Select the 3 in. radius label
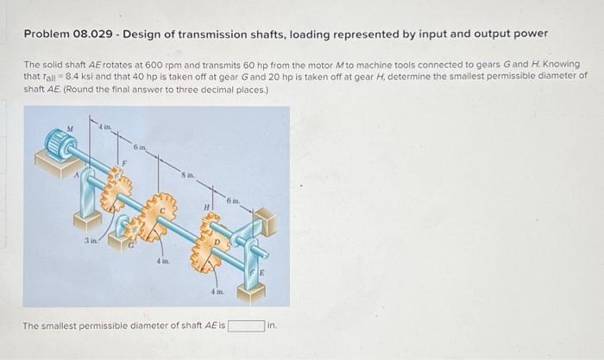click(x=90, y=240)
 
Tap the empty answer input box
click(x=246, y=325)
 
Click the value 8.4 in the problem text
click(x=66, y=75)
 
